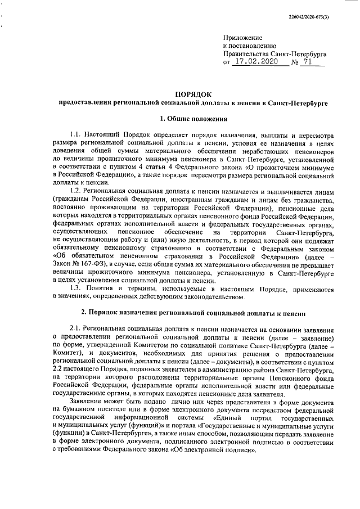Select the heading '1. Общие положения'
[193, 119]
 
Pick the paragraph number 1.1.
[76, 136]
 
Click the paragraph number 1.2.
[76, 192]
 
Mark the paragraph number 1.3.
[76, 289]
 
